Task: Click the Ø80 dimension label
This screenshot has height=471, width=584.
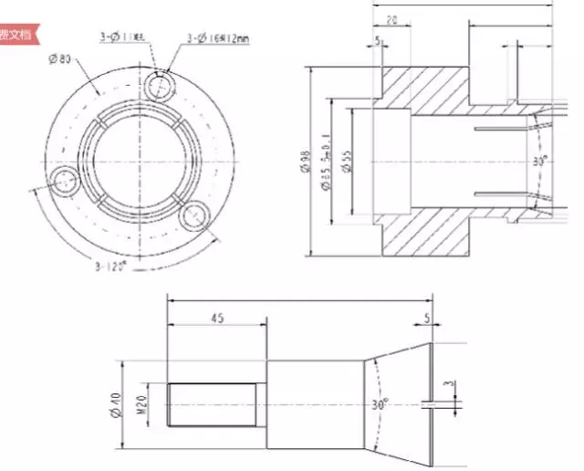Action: pos(60,59)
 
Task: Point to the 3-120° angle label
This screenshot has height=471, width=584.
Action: pos(110,267)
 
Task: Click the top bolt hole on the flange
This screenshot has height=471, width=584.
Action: pos(159,87)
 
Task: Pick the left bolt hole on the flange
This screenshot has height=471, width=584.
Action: pos(64,182)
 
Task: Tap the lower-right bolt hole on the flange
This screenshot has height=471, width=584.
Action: pos(194,217)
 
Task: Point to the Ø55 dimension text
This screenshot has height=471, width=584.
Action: pos(347,162)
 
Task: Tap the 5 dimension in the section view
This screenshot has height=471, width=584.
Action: pos(378,41)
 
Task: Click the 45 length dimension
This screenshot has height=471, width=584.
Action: pos(216,319)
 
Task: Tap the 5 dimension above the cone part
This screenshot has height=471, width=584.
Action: pos(427,319)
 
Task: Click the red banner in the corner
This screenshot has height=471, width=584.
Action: pos(16,34)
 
